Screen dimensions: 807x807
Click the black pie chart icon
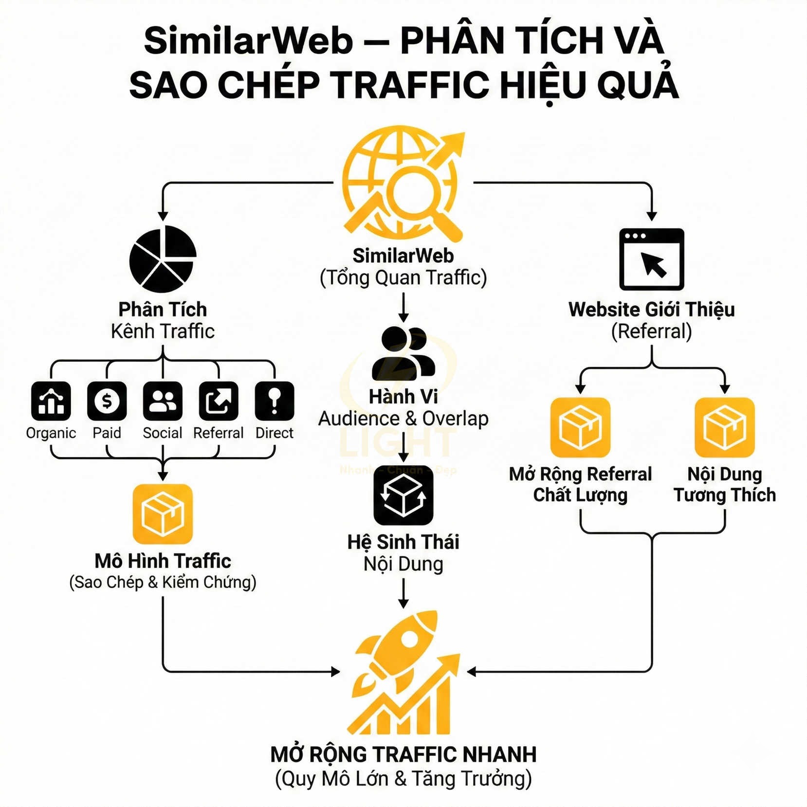(x=163, y=259)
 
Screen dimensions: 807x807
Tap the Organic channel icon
(x=51, y=401)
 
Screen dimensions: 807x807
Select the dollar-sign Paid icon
(x=107, y=401)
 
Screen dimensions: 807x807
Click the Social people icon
(x=163, y=401)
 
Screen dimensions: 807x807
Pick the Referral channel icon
(x=219, y=401)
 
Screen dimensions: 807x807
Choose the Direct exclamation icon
(x=275, y=401)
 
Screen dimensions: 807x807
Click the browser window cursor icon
(x=651, y=259)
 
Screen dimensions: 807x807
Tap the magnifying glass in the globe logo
(x=414, y=192)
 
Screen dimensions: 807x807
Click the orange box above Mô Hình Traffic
(x=163, y=514)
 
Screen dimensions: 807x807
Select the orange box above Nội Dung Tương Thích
(x=724, y=427)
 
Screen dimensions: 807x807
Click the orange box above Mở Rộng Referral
(x=580, y=427)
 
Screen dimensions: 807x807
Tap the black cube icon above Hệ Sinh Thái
(x=403, y=495)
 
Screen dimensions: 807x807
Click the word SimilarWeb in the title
(x=248, y=41)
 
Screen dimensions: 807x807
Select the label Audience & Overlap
(x=403, y=419)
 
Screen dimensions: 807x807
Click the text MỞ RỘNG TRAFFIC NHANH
(x=403, y=754)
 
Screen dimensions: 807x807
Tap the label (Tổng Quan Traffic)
(x=403, y=278)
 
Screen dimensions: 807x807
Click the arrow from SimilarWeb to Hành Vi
(x=403, y=308)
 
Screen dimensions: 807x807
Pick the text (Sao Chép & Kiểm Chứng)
(x=163, y=582)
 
